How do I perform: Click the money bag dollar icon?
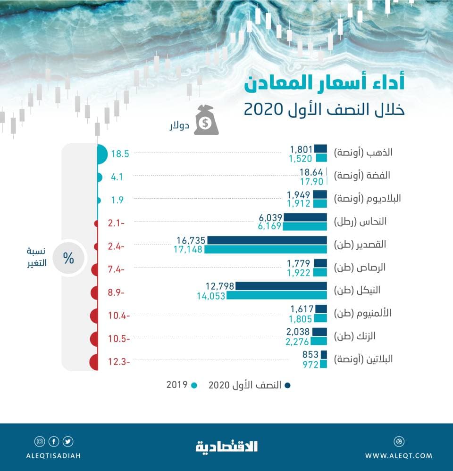[x=207, y=120]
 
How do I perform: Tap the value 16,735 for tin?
[x=191, y=240]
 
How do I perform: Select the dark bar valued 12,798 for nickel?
[x=281, y=286]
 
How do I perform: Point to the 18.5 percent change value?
[x=120, y=153]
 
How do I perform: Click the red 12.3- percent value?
[x=120, y=361]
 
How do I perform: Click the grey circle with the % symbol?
[x=69, y=259]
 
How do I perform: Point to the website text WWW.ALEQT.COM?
[x=399, y=455]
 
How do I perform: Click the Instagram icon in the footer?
[x=40, y=441]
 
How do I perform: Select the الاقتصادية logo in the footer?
[x=226, y=446]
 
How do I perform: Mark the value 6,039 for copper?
[x=270, y=217]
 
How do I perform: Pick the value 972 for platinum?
[x=310, y=364]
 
